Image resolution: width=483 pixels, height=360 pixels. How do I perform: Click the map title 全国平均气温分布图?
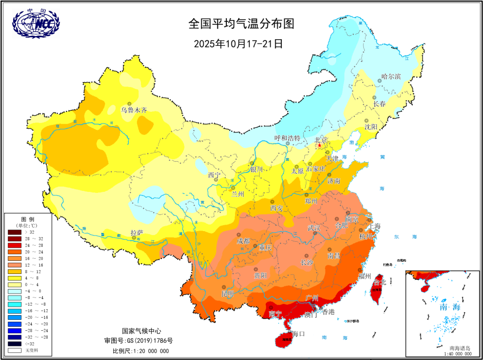click(x=240, y=24)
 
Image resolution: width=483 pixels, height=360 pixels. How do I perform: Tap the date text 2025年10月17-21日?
click(x=238, y=44)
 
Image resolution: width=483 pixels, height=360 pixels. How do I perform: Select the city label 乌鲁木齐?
click(x=133, y=109)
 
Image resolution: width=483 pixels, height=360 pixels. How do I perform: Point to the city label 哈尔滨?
click(x=391, y=77)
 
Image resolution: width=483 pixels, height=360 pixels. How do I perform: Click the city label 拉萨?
click(x=137, y=233)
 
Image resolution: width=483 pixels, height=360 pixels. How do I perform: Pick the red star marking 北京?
click(x=319, y=146)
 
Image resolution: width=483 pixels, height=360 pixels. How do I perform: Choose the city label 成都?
click(x=244, y=241)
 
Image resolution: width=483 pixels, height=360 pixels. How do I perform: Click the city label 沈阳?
click(x=371, y=126)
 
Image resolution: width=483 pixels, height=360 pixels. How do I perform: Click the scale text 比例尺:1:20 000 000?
click(x=142, y=351)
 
